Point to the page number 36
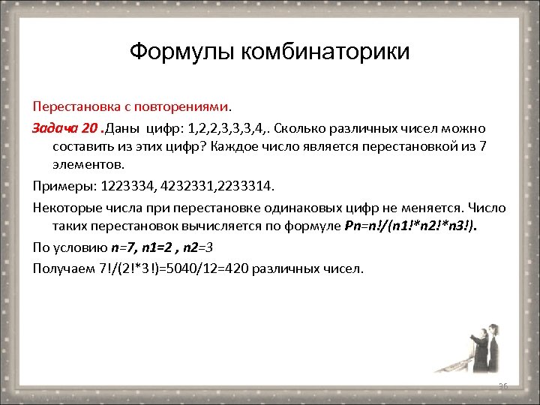point(503,385)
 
